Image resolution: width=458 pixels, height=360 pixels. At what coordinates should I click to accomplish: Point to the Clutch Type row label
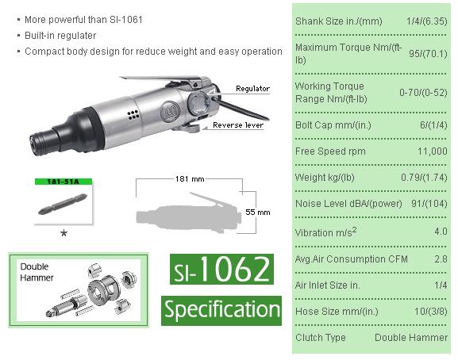[x=321, y=337]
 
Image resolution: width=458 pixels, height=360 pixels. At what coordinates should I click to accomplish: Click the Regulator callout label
[x=252, y=89]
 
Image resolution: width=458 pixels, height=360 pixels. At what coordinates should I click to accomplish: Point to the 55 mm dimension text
[x=258, y=213]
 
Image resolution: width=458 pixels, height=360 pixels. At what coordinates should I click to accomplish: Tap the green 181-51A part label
[x=65, y=181]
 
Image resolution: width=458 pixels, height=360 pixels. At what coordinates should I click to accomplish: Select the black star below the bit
[x=64, y=233]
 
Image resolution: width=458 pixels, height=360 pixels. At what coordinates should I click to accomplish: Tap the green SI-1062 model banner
[x=221, y=270]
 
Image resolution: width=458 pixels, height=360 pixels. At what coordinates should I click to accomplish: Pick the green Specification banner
[x=221, y=308]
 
